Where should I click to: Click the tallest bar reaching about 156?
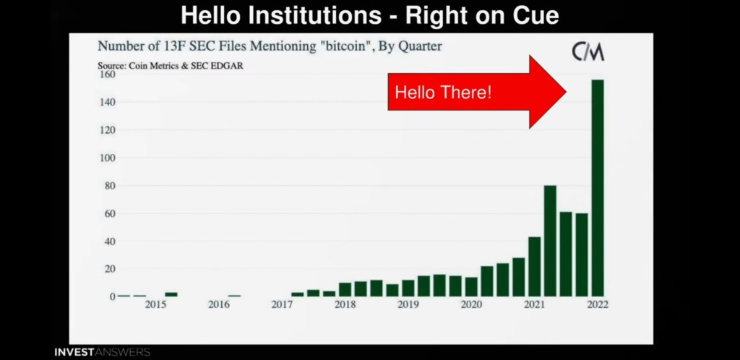point(598,188)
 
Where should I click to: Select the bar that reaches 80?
point(550,241)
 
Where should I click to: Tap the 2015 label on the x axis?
point(155,305)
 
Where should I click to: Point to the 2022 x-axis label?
point(598,305)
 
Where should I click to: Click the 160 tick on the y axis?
point(106,74)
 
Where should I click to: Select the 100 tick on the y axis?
point(106,158)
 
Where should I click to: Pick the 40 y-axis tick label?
point(109,241)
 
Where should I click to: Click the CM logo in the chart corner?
point(588,52)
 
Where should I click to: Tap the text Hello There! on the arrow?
point(443,93)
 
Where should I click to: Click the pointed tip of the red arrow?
point(566,92)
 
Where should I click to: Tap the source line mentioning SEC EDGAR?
point(171,66)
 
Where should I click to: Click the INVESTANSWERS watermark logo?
point(103,352)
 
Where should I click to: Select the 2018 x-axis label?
point(345,305)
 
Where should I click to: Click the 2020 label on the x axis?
point(471,305)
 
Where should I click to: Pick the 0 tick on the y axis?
point(112,296)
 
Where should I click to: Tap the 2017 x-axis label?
point(282,305)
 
